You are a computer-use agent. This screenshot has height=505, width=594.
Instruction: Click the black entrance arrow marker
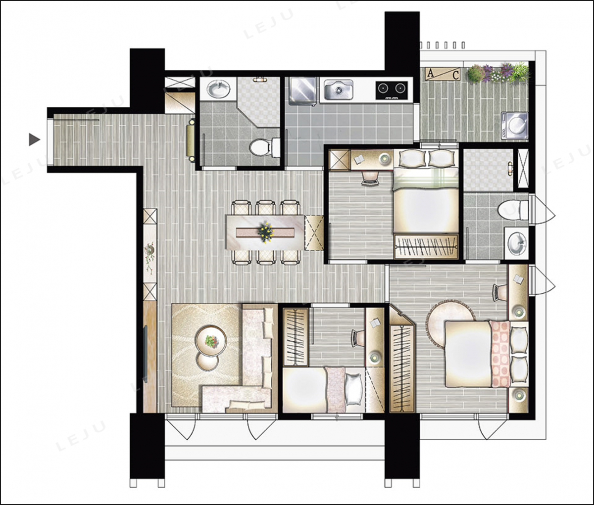point(34,140)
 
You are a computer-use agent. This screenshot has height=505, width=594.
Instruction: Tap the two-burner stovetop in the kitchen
point(392,91)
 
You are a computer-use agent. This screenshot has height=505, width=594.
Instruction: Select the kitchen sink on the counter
point(338,90)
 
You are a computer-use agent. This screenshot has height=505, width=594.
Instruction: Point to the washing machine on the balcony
point(515,126)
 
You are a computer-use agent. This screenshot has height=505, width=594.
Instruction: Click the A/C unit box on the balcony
point(442,74)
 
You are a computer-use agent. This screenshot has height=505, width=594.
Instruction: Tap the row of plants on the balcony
point(498,73)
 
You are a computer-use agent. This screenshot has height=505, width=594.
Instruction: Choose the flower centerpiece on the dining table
point(265,231)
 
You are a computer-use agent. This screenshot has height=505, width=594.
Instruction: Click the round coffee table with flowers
point(211,341)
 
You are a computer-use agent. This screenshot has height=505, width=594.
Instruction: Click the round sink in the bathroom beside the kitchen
point(218,89)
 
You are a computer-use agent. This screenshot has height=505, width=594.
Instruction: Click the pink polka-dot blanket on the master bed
point(500,354)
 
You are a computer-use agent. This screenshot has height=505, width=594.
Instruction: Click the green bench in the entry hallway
point(191,140)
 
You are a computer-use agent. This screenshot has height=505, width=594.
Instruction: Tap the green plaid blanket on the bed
point(425,179)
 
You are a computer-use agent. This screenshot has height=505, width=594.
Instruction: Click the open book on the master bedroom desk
point(518,279)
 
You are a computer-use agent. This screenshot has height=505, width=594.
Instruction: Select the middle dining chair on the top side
point(266,207)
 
